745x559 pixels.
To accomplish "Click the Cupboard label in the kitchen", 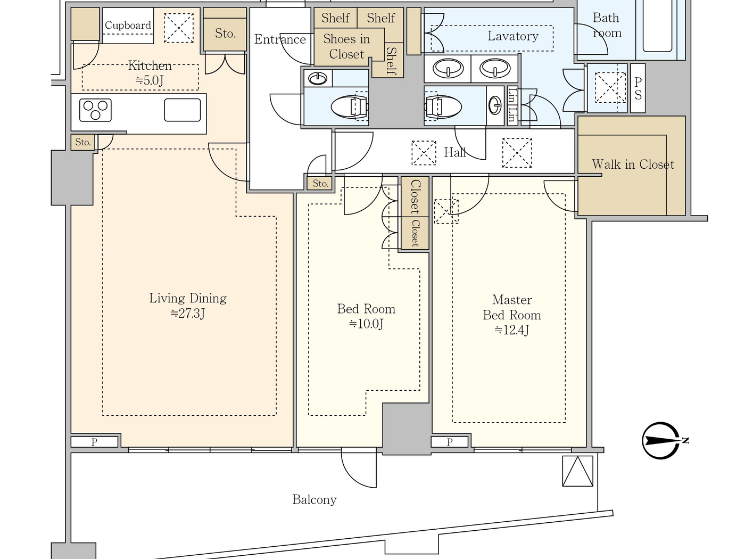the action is (x=128, y=25).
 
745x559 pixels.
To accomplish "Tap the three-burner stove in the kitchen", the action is (x=95, y=110).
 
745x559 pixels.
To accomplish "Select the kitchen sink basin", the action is (x=183, y=110).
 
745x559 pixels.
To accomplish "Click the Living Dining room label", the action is (x=188, y=298).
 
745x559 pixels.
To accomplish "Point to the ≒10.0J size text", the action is (x=366, y=324).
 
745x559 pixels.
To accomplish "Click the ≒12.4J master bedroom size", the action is (x=512, y=330).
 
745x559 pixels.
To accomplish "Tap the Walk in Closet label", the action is (x=633, y=165).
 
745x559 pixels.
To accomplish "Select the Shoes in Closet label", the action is (x=346, y=46).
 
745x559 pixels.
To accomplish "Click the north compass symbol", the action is (x=661, y=441).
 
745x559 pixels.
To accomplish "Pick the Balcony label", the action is (x=314, y=499).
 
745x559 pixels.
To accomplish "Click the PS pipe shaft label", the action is (x=638, y=88).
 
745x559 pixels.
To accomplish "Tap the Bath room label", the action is (x=607, y=26).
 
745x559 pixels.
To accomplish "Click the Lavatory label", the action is (x=513, y=36).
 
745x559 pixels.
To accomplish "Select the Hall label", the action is (x=455, y=152).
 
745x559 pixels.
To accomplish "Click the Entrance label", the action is (x=280, y=39).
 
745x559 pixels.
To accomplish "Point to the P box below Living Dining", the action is (x=94, y=441).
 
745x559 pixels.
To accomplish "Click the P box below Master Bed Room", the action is (x=450, y=441).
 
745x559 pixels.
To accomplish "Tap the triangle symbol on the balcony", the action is (x=578, y=471).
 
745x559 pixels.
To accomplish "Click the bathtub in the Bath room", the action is (x=657, y=27).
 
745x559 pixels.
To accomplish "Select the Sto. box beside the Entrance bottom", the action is (x=320, y=183).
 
